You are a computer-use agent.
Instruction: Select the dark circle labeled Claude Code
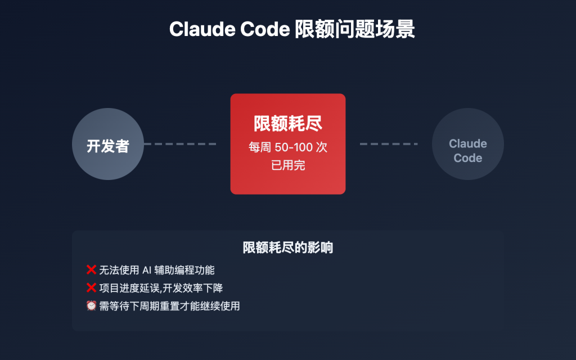pyautogui.click(x=468, y=144)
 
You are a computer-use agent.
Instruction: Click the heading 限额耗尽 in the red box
pyautogui.click(x=288, y=124)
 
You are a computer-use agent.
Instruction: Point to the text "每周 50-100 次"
pyautogui.click(x=288, y=148)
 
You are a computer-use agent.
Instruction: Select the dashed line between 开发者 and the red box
pyautogui.click(x=180, y=144)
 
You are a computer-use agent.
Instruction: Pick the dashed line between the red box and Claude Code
pyautogui.click(x=389, y=144)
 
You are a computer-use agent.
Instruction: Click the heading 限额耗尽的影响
pyautogui.click(x=288, y=248)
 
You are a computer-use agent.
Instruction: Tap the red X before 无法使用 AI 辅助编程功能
pyautogui.click(x=91, y=270)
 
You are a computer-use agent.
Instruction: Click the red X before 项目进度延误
pyautogui.click(x=91, y=288)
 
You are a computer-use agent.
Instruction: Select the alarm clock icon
pyautogui.click(x=91, y=306)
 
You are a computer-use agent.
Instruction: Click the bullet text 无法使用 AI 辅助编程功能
pyautogui.click(x=157, y=270)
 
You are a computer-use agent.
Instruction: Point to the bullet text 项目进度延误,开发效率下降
pyautogui.click(x=161, y=288)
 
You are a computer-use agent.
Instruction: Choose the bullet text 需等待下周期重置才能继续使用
pyautogui.click(x=169, y=306)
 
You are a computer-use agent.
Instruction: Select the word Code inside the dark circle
pyautogui.click(x=468, y=158)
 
